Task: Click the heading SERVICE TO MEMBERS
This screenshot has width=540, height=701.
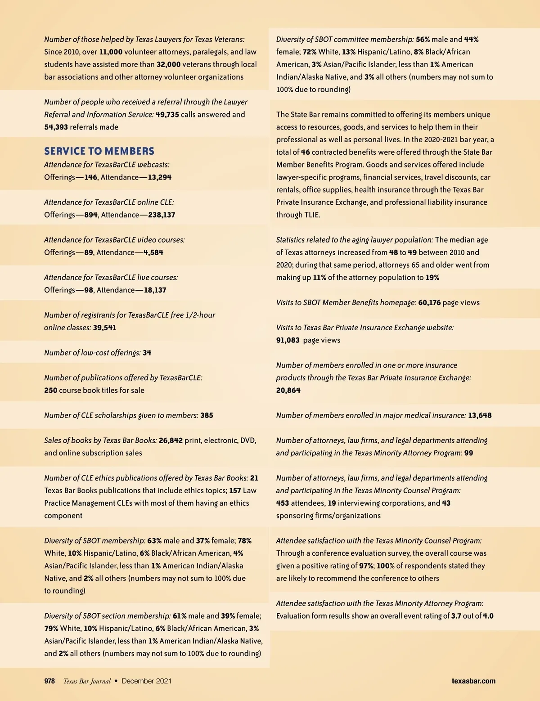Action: (99, 151)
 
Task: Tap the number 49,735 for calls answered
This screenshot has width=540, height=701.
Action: (167, 114)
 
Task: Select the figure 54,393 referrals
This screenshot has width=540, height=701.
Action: (56, 127)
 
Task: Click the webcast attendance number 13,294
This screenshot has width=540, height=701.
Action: (159, 177)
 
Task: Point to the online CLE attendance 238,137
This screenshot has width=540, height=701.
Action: (162, 215)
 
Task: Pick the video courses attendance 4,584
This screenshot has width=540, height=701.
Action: (153, 252)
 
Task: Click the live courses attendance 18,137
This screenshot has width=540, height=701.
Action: (155, 290)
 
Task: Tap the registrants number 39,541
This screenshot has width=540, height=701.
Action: (104, 328)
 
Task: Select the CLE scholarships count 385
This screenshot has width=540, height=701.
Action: (207, 415)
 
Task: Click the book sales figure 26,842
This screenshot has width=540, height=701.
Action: (171, 440)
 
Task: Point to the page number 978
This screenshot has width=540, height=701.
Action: (49, 681)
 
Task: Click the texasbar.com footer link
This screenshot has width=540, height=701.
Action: (473, 681)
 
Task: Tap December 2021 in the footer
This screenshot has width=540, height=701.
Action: (146, 681)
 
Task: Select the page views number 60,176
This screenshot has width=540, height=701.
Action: (429, 302)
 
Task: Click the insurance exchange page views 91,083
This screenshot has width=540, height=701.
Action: (288, 340)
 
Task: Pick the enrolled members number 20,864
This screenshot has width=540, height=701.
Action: (288, 390)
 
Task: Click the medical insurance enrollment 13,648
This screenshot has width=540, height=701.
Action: (480, 415)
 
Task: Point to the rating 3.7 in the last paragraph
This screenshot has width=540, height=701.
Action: (456, 616)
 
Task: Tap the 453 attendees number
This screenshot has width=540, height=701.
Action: (283, 503)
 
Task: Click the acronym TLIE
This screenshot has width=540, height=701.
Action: (311, 215)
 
